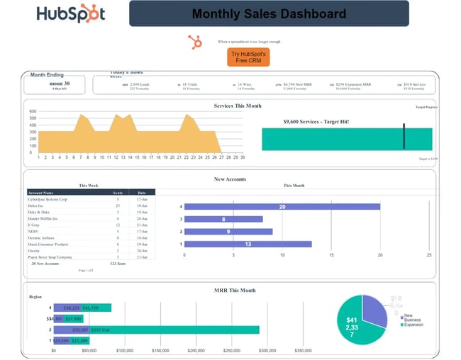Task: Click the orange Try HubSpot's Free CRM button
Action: [x=249, y=57]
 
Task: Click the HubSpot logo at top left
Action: [x=70, y=14]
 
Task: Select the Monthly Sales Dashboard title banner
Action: [x=269, y=13]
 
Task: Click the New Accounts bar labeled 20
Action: [x=282, y=207]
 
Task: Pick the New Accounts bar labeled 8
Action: [x=223, y=219]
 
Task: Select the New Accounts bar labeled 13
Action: [x=248, y=244]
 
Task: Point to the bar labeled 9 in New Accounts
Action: [x=228, y=231]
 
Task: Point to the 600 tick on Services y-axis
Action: [x=32, y=111]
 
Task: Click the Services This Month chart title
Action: [x=238, y=106]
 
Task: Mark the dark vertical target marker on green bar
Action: [x=404, y=136]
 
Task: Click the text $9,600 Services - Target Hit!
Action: [x=316, y=121]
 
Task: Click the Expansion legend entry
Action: [x=415, y=325]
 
